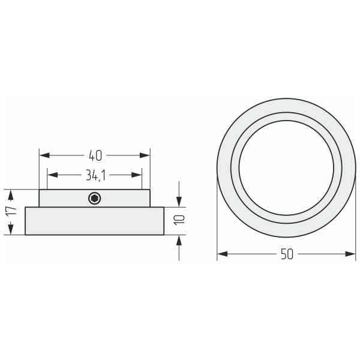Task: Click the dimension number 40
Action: point(95,155)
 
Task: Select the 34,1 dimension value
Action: point(95,175)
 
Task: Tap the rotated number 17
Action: point(11,211)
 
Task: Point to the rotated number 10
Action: point(179,220)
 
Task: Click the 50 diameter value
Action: point(287,254)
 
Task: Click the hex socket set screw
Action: point(95,198)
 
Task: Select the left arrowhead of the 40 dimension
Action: point(44,155)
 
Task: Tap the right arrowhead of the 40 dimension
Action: point(145,155)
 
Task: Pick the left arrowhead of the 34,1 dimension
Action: point(53,175)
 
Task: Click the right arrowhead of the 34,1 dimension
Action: point(137,175)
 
